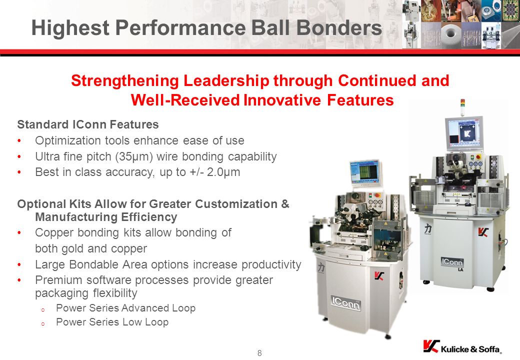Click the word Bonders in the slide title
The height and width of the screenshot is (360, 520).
339,27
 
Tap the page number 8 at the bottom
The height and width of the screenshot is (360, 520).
259,353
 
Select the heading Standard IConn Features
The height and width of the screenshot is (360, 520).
88,124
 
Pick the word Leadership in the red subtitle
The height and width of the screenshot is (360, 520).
225,80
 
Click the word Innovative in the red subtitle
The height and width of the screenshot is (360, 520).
282,100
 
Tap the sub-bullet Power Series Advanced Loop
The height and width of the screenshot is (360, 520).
125,308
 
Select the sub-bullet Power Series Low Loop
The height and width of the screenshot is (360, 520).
112,322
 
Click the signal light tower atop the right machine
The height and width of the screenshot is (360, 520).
463,107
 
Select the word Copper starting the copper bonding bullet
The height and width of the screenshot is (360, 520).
54,232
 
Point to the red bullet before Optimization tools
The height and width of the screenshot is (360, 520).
19,141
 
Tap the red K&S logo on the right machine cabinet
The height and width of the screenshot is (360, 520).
483,232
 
